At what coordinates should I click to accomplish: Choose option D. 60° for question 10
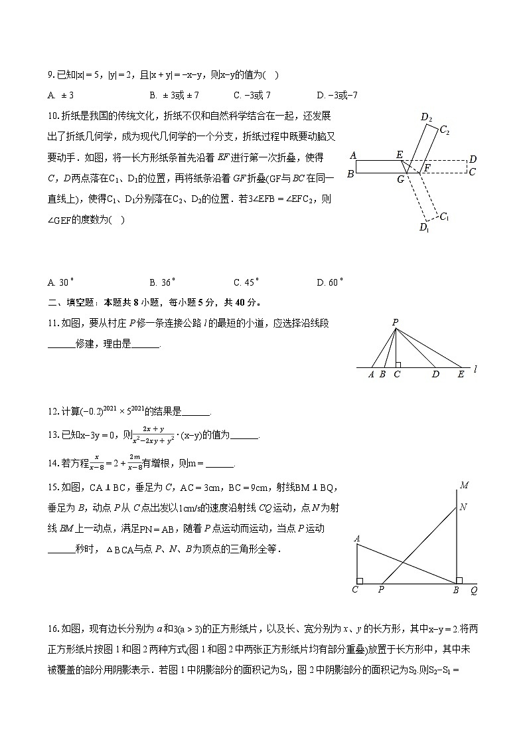point(331,282)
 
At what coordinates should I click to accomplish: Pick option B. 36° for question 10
point(161,282)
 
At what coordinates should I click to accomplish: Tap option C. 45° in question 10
point(246,282)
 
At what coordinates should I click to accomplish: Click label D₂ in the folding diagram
point(426,118)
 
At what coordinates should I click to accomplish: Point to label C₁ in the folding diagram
point(445,217)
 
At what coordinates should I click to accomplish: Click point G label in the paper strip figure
point(400,179)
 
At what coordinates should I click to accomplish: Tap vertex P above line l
point(395,322)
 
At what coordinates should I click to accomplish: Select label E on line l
point(461,375)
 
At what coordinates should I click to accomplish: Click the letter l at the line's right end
point(476,367)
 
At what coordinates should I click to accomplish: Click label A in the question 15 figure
point(358,538)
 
